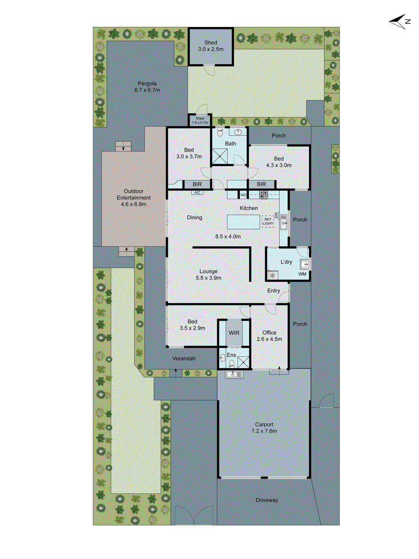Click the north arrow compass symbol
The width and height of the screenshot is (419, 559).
pyautogui.click(x=399, y=21)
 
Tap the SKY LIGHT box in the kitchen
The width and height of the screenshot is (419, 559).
pyautogui.click(x=268, y=222)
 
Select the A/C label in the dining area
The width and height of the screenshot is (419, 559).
pyautogui.click(x=197, y=193)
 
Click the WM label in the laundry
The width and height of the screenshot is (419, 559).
pyautogui.click(x=302, y=274)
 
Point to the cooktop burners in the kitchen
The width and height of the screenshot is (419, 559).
pyautogui.click(x=264, y=195)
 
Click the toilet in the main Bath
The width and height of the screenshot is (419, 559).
pyautogui.click(x=220, y=133)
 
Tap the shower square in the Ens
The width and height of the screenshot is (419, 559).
pyautogui.click(x=243, y=362)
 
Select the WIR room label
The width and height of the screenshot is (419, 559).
pyautogui.click(x=234, y=333)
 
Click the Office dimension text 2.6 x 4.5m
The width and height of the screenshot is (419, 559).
pyautogui.click(x=269, y=339)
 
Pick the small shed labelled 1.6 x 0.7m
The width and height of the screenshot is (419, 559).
pyautogui.click(x=200, y=121)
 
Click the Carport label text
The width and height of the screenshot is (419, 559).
pyautogui.click(x=264, y=424)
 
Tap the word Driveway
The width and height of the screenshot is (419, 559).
pyautogui.click(x=267, y=500)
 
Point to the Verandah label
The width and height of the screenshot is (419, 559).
pyautogui.click(x=184, y=358)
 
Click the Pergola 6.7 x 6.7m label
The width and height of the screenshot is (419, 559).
pyautogui.click(x=147, y=87)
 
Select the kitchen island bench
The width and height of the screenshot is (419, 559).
pyautogui.click(x=243, y=222)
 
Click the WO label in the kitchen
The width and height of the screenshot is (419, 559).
pyautogui.click(x=243, y=195)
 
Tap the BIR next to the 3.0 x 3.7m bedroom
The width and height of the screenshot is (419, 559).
pyautogui.click(x=197, y=184)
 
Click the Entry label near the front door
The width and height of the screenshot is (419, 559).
pyautogui.click(x=273, y=291)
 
